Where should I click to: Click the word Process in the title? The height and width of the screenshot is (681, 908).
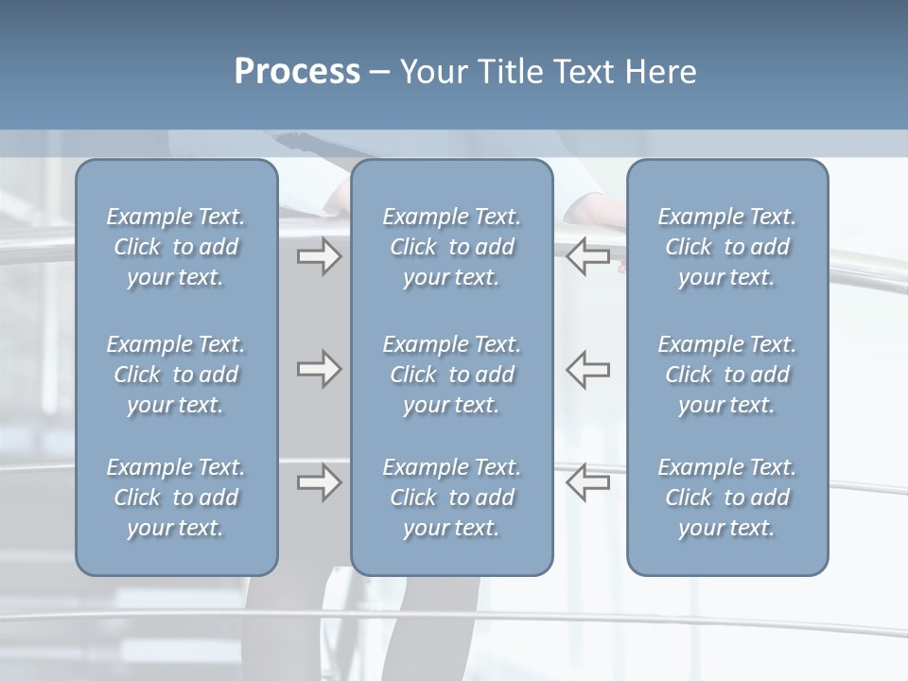pos(297,72)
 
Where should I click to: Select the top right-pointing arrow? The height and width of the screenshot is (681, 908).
pos(319,256)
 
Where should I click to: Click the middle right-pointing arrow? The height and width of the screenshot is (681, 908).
pos(319,369)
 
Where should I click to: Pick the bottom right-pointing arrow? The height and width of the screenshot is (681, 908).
pos(319,481)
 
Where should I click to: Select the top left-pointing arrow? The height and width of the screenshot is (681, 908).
pos(587,256)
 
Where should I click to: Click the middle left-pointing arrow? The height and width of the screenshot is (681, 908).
pos(587,369)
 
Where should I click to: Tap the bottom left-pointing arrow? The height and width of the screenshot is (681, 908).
pos(587,481)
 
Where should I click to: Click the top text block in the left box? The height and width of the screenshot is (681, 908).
pos(176,247)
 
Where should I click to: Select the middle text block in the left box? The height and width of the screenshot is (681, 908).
pos(176,375)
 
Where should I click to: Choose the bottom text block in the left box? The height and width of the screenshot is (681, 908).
pos(176,498)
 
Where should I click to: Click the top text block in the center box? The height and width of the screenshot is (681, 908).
pos(452,247)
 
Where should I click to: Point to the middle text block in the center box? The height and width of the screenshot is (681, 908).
pos(452,375)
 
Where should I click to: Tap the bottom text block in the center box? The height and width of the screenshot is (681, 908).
pos(452,498)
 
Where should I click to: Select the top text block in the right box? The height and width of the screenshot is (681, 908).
pos(727,247)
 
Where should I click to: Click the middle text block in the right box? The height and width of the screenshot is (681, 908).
pos(727,375)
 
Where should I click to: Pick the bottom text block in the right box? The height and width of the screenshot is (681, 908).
pos(727,498)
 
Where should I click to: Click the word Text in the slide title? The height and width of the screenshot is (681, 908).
pos(584,72)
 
